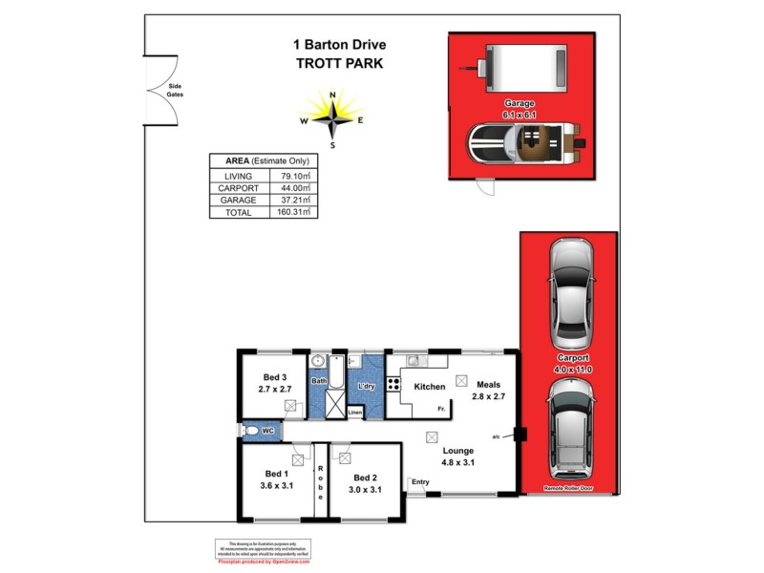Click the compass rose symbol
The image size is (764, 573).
332,119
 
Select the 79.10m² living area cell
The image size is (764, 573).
292,177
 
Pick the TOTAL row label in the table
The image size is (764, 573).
238,212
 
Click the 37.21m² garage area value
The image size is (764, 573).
292,201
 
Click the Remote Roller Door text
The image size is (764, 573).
570,487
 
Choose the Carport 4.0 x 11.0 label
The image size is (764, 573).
570,364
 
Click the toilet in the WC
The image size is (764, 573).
253,431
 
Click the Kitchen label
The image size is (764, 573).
429,387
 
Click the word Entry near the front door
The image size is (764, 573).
420,481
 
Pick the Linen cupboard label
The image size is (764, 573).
355,413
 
